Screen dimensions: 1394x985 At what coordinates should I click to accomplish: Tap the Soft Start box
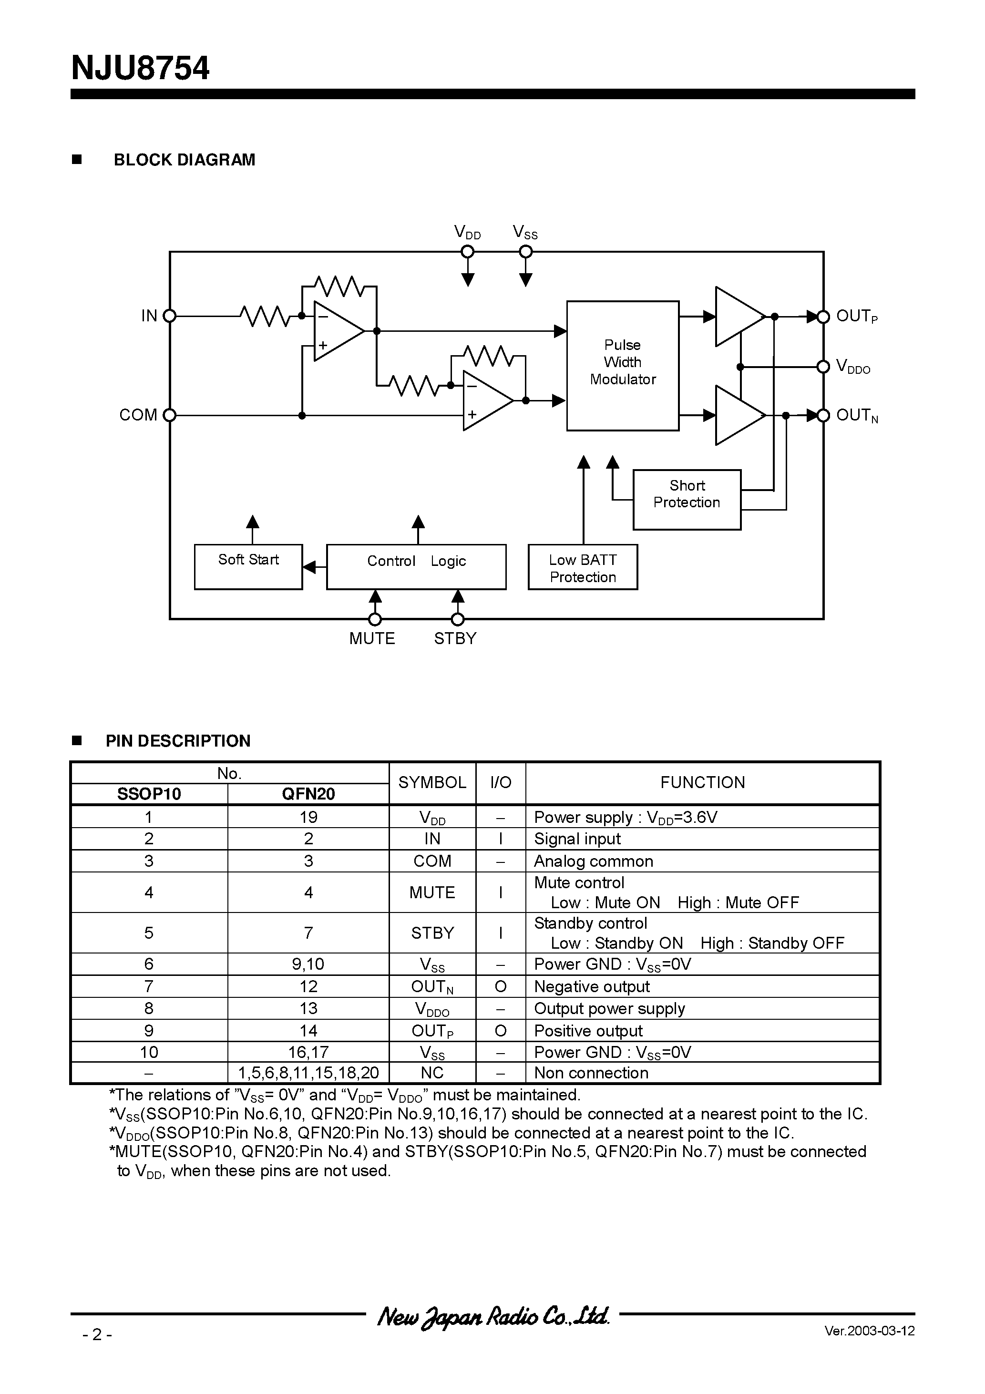tap(248, 566)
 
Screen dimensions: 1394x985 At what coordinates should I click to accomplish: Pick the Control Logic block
tap(416, 566)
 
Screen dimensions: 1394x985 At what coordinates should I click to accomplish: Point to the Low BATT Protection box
tap(583, 566)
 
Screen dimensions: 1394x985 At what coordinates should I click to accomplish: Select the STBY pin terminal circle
tap(458, 619)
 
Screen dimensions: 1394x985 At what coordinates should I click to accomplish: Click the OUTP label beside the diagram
tap(856, 316)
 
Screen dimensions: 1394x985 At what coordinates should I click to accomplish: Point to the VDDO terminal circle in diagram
tap(823, 367)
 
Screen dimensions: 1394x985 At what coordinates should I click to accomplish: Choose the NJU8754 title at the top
tap(140, 68)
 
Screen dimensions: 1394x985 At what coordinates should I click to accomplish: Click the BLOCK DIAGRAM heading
tap(184, 160)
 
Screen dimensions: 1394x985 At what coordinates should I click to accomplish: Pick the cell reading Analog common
tap(593, 861)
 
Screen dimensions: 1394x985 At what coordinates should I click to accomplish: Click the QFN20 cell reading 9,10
tap(308, 964)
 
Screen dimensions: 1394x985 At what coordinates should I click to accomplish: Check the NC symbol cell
tap(432, 1073)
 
